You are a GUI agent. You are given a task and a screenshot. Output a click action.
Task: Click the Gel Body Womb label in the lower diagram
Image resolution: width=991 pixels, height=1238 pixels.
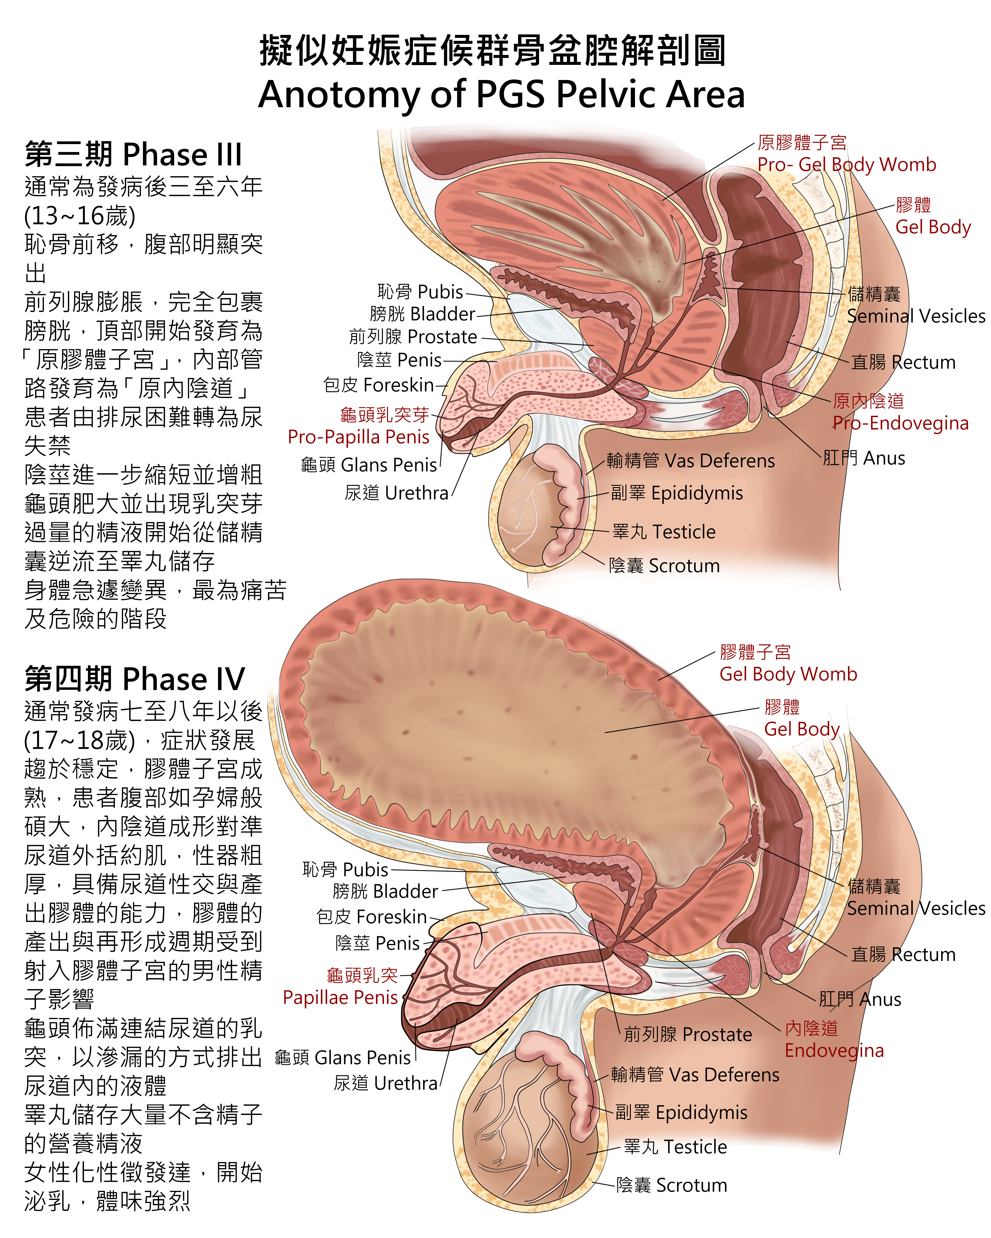click(x=788, y=663)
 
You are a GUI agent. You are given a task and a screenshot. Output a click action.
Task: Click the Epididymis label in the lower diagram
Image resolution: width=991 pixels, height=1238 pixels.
click(x=681, y=1112)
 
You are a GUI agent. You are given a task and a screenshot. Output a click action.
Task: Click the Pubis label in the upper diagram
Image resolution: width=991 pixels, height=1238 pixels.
click(x=420, y=292)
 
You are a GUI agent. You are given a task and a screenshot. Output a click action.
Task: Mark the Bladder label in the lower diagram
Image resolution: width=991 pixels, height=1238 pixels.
click(x=385, y=891)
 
